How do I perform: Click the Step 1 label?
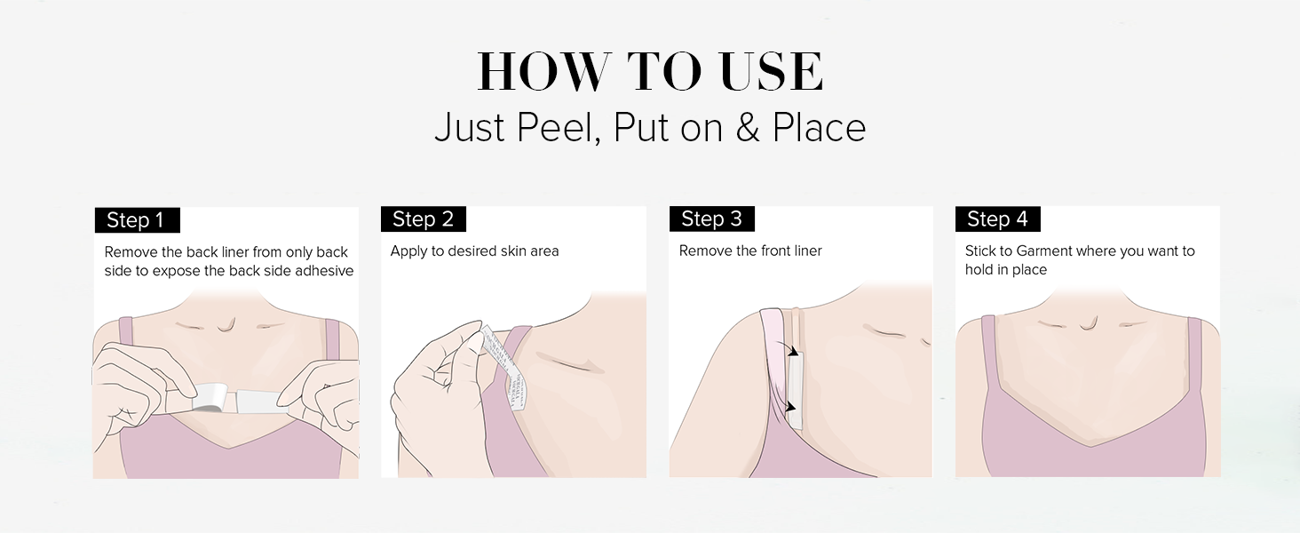(x=137, y=220)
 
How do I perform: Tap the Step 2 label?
(x=423, y=219)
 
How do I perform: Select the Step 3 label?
(x=711, y=219)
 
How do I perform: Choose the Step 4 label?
(x=997, y=219)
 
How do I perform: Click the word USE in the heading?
(x=772, y=73)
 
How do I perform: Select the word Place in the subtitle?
(x=819, y=129)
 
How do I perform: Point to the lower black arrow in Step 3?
(x=790, y=406)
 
